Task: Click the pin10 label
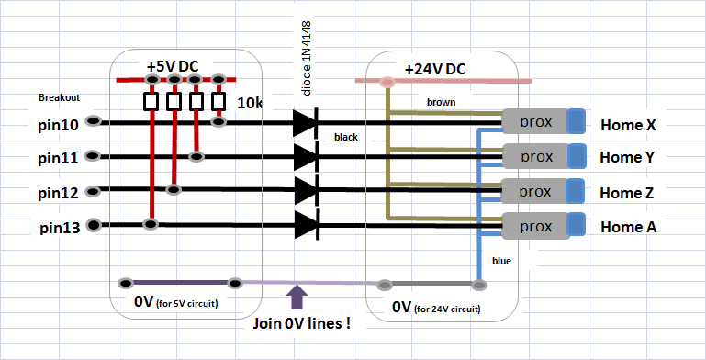pyautogui.click(x=58, y=125)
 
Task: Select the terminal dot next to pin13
pyautogui.click(x=94, y=224)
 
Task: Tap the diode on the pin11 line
pyautogui.click(x=306, y=156)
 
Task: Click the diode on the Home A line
pyautogui.click(x=307, y=225)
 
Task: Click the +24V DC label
pyautogui.click(x=435, y=70)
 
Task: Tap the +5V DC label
pyautogui.click(x=173, y=67)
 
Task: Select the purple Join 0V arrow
pyautogui.click(x=297, y=297)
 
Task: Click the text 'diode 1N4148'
pyautogui.click(x=306, y=58)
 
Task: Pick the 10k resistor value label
pyautogui.click(x=250, y=103)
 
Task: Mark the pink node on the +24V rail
pyautogui.click(x=387, y=82)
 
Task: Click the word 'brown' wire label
pyautogui.click(x=442, y=102)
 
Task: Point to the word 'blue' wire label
pyautogui.click(x=501, y=261)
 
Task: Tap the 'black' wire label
pyautogui.click(x=346, y=137)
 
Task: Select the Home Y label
pyautogui.click(x=627, y=157)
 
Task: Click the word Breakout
pyautogui.click(x=59, y=97)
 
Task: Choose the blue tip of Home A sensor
pyautogui.click(x=576, y=225)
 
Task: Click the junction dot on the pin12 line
pyautogui.click(x=174, y=190)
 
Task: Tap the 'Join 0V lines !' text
pyautogui.click(x=301, y=323)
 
